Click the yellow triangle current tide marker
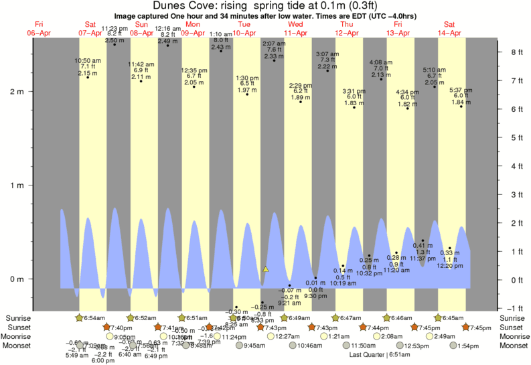(266, 269)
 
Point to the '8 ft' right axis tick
(516, 52)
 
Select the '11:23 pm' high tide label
(115, 27)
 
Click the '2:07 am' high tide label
(274, 44)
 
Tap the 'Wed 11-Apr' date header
(295, 28)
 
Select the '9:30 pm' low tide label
(315, 295)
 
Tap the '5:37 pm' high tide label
(461, 90)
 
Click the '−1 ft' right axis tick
(516, 308)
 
